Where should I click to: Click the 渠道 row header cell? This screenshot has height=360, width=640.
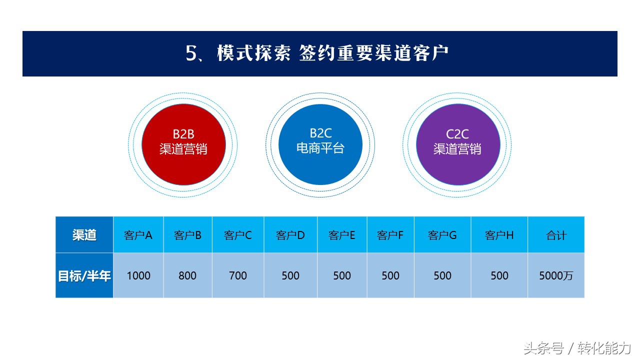point(84,235)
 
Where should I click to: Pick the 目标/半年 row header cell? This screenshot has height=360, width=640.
point(84,275)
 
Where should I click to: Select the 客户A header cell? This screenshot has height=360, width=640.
point(138,235)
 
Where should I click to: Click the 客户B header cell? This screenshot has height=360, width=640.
point(188,235)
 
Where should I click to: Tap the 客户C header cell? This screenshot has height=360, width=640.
point(238,235)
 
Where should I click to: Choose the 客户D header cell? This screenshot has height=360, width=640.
point(290,235)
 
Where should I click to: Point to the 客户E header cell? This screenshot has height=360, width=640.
point(342,235)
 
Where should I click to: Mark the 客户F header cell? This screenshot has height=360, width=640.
point(390,235)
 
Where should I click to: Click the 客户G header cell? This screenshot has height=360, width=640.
point(442,235)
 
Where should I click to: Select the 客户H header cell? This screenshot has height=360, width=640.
point(499,235)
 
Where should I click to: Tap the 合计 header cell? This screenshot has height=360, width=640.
point(556,235)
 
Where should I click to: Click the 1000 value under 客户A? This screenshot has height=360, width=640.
point(138,275)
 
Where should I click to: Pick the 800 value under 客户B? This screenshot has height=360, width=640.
point(188,275)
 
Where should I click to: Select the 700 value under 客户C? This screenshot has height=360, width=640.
point(238,275)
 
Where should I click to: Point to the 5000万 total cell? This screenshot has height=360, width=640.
point(556,275)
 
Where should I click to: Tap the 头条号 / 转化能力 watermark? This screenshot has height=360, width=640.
point(577,348)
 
